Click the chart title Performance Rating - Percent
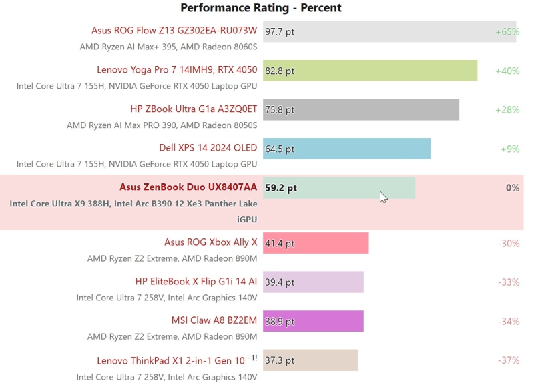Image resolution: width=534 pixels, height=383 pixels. tap(261, 8)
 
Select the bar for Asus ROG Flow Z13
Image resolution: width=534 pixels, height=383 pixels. tap(389, 31)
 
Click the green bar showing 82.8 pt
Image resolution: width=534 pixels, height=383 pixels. tap(370, 71)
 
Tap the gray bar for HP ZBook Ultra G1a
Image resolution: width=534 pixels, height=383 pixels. tap(361, 110)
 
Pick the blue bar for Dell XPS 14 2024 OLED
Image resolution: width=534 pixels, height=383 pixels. tap(346, 149)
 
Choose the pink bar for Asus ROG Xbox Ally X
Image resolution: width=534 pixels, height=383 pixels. tap(316, 243)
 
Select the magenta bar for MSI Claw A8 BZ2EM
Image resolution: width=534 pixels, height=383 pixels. tap(313, 321)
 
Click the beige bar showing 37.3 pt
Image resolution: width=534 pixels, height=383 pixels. tap(310, 360)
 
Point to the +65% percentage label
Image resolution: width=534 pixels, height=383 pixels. tap(507, 31)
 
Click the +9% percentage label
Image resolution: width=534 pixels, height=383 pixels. tap(510, 149)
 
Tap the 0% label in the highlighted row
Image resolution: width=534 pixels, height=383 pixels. tap(512, 188)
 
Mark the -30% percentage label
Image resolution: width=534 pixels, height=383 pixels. tap(508, 243)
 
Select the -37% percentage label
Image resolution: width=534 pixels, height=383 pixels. tap(508, 360)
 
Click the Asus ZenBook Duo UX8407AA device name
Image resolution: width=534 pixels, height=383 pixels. tap(188, 187)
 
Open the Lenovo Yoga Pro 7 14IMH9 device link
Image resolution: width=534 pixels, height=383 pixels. tap(177, 70)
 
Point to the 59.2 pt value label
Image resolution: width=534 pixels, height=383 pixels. tap(281, 188)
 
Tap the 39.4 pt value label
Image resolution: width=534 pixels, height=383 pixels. tap(280, 282)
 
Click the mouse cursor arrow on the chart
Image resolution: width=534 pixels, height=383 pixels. tap(383, 197)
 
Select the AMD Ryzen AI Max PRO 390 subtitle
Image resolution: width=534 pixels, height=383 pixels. tap(162, 125)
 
